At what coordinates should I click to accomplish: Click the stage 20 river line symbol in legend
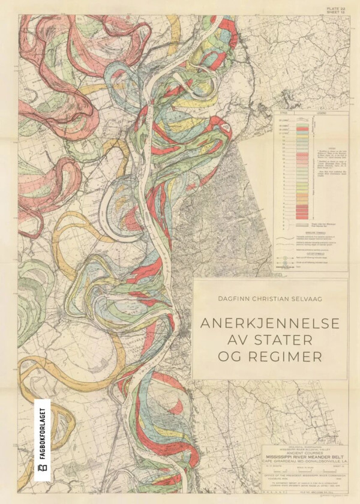click(x=302, y=119)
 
